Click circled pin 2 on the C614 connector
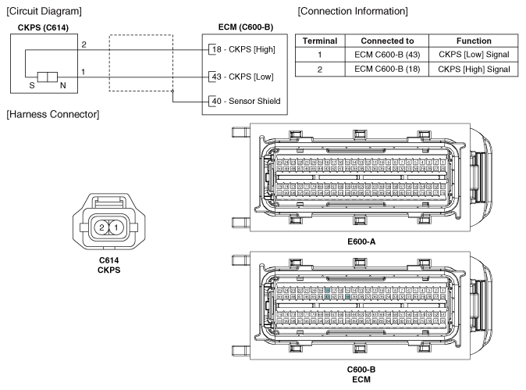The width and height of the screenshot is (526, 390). coord(101,227)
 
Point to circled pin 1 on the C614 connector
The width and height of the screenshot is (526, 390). coord(116,227)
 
